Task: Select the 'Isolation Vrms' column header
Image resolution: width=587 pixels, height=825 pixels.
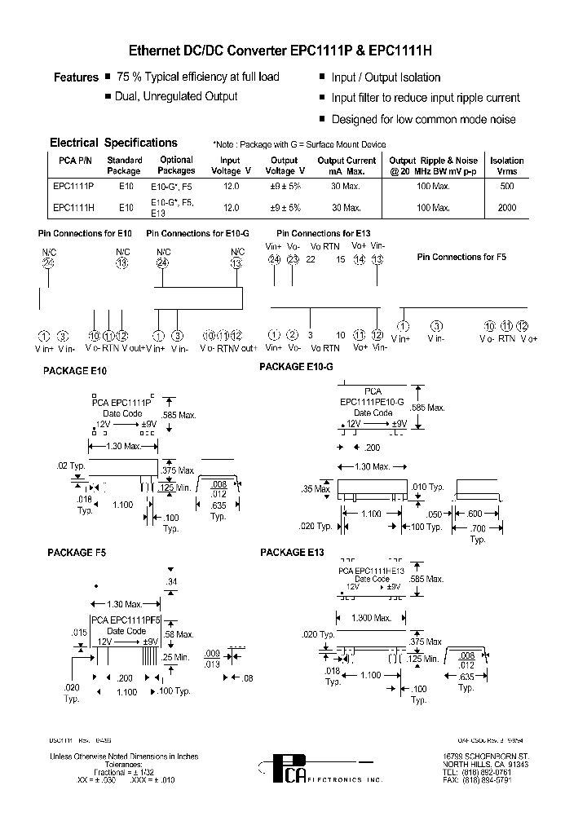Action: click(507, 165)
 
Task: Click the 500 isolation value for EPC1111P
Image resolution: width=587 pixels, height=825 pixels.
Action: click(507, 186)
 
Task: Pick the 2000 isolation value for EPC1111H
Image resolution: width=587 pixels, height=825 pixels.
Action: click(507, 208)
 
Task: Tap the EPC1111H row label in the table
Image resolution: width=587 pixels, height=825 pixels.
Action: click(73, 208)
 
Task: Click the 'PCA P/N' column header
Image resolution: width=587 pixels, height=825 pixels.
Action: click(72, 161)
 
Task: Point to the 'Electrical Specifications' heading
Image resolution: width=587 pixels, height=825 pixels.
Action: click(113, 143)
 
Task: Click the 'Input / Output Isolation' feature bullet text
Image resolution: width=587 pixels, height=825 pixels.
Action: click(386, 77)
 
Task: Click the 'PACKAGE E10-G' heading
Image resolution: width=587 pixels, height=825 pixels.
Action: click(296, 367)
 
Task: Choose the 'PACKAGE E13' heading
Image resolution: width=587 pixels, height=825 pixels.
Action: click(292, 553)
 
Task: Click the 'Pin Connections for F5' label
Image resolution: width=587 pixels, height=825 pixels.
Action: click(461, 257)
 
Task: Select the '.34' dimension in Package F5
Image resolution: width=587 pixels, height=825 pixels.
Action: click(171, 581)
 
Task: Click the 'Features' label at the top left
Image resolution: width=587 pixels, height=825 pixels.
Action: click(76, 77)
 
